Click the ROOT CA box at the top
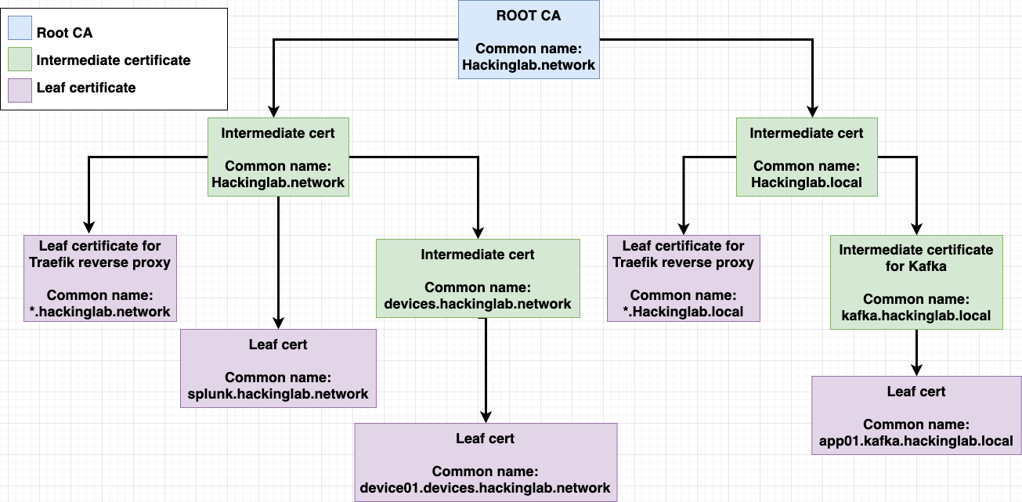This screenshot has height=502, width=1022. click(529, 39)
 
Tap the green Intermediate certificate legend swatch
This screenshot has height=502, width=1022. click(20, 60)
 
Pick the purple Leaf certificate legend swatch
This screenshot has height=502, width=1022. click(20, 88)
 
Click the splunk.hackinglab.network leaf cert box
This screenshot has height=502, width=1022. click(278, 368)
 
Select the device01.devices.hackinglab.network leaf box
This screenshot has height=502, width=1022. click(486, 462)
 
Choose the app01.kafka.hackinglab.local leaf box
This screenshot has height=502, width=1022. click(916, 415)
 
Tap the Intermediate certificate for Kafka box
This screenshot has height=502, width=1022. click(916, 282)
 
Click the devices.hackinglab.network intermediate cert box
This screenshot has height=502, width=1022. click(478, 278)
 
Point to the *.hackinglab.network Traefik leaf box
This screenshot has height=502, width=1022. click(99, 278)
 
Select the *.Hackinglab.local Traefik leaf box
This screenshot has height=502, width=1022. click(683, 278)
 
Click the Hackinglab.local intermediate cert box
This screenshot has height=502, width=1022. click(807, 157)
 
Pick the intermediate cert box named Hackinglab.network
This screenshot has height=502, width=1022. click(278, 157)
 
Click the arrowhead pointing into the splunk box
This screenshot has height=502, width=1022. click(278, 323)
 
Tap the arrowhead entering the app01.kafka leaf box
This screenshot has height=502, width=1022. click(916, 370)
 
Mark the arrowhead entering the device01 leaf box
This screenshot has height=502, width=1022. click(486, 417)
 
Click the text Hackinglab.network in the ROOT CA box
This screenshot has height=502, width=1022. click(529, 65)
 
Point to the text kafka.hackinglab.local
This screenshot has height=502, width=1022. click(916, 316)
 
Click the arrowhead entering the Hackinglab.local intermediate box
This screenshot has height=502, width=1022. click(813, 111)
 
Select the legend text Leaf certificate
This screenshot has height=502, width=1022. click(86, 88)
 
